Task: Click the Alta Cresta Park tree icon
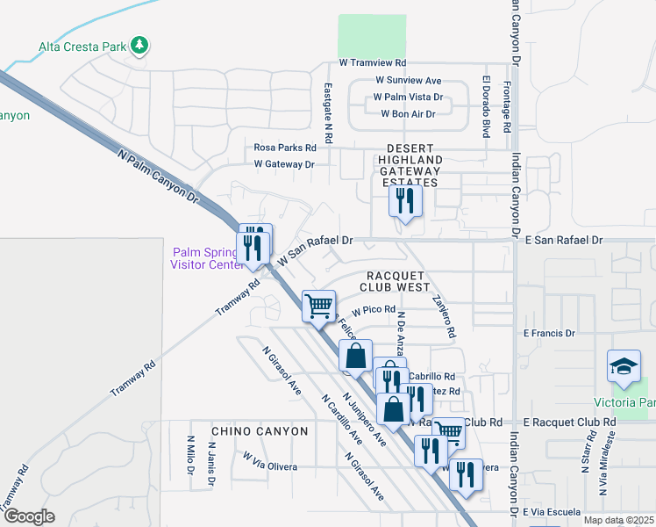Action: tap(139, 45)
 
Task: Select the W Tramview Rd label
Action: tap(373, 63)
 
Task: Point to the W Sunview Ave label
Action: tap(409, 80)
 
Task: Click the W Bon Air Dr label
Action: tap(408, 114)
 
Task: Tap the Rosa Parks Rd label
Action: tap(285, 148)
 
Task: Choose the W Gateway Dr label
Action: tap(283, 164)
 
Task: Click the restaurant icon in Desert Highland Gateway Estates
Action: tap(405, 201)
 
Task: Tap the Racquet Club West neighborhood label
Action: tap(396, 280)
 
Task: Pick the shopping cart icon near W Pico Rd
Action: tap(318, 306)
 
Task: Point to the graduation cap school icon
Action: tap(624, 366)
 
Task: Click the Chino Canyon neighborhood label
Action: tap(260, 431)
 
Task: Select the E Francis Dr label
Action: tap(549, 334)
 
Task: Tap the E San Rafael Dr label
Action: tap(566, 240)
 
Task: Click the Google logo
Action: tap(29, 516)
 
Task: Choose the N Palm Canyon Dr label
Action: tap(159, 177)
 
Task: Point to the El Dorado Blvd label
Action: tap(485, 106)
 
